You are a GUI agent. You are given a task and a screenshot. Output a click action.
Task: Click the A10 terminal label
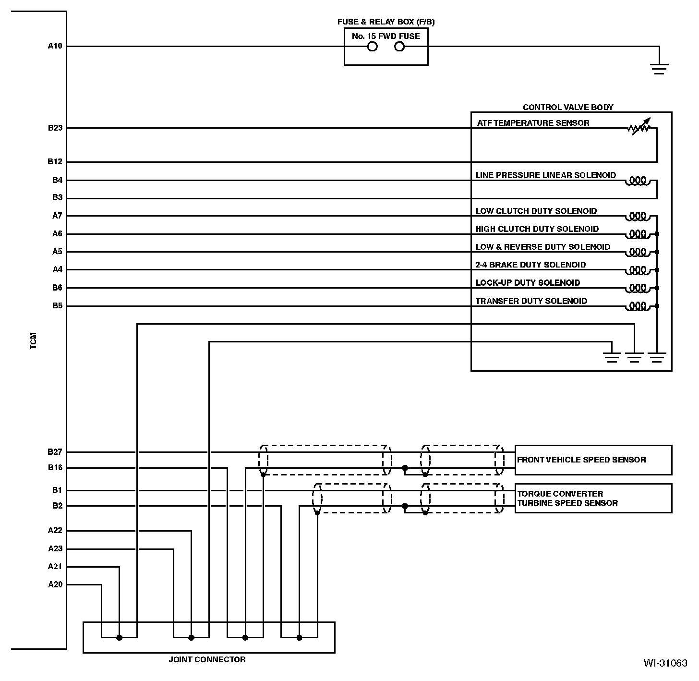(x=55, y=46)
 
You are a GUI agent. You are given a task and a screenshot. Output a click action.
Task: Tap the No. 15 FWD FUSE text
(x=386, y=36)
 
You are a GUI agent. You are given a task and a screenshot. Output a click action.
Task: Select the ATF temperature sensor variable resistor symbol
(x=639, y=127)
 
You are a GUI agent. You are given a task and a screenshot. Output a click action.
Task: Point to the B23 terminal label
(x=55, y=128)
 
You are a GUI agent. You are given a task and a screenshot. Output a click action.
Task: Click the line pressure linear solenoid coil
(x=638, y=181)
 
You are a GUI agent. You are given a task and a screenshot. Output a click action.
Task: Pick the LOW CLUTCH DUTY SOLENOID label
(x=536, y=211)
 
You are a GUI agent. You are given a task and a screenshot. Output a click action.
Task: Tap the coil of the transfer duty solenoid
(x=638, y=305)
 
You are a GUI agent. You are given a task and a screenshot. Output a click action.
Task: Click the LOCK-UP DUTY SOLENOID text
(x=527, y=282)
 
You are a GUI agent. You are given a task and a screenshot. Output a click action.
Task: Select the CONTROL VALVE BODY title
(x=567, y=108)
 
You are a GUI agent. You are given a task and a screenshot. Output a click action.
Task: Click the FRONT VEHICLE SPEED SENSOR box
(x=593, y=460)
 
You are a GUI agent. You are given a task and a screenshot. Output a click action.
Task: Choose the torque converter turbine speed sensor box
(x=593, y=499)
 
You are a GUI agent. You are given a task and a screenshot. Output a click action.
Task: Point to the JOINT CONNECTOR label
(x=207, y=659)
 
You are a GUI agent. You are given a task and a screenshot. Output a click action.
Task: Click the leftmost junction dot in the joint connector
(x=120, y=638)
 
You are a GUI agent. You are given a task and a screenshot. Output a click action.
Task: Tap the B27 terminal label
(x=55, y=452)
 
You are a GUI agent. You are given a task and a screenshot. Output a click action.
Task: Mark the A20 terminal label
(x=55, y=584)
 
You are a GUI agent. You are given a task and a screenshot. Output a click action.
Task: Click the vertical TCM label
(x=34, y=340)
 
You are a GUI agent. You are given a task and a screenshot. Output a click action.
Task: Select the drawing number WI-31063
(x=665, y=663)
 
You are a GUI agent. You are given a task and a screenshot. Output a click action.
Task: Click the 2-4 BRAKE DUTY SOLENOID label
(x=530, y=265)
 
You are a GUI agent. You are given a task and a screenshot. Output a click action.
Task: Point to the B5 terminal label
(x=57, y=305)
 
